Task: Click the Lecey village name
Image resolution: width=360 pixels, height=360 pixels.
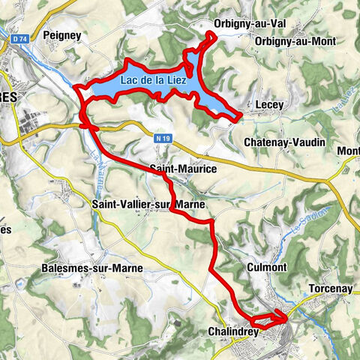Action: pyautogui.click(x=268, y=106)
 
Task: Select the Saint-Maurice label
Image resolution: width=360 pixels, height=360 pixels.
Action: pyautogui.click(x=183, y=170)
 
